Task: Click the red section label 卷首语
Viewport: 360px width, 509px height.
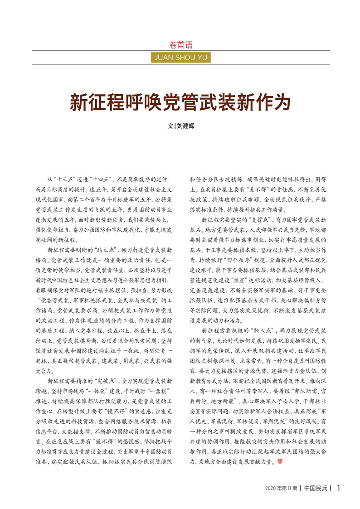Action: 180,45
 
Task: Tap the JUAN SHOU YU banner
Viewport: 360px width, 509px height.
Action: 180,57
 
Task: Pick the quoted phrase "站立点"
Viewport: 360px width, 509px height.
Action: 104,250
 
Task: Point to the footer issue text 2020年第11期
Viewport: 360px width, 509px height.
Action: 281,488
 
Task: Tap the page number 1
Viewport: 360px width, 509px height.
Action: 339,488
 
